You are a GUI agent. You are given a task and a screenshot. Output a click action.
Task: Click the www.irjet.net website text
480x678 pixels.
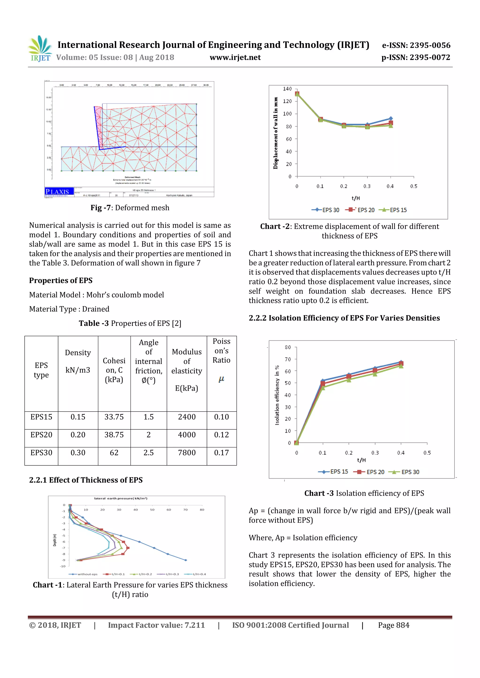(x=235, y=57)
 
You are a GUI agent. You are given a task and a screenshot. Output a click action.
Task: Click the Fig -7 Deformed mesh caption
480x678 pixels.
(x=130, y=208)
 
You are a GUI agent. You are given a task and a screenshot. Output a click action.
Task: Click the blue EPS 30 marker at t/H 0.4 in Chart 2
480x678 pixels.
(x=390, y=118)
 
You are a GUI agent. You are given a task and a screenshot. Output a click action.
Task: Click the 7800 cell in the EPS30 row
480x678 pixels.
(x=187, y=453)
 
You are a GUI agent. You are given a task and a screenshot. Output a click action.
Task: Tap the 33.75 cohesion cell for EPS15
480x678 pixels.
(x=114, y=417)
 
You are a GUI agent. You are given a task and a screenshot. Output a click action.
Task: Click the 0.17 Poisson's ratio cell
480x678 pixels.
(x=221, y=453)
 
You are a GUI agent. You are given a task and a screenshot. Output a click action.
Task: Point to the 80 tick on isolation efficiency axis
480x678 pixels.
(x=288, y=347)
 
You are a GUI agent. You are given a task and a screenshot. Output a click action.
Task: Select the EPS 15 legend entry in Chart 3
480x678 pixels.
(x=334, y=472)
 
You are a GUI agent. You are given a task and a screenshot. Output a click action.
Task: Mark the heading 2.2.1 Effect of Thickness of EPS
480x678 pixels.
(x=86, y=480)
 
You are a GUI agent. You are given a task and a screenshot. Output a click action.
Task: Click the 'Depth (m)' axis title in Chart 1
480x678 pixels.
(x=55, y=540)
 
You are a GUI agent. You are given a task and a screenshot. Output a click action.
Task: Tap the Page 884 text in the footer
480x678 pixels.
(x=394, y=625)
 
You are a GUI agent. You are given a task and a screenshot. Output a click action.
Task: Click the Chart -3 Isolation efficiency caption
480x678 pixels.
(x=364, y=493)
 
